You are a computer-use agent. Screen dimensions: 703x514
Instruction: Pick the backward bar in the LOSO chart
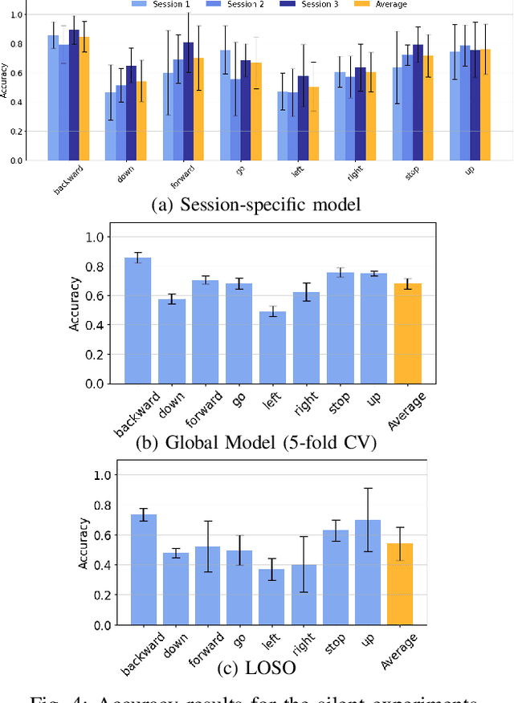pyautogui.click(x=143, y=570)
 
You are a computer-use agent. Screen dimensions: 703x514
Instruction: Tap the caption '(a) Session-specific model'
pyautogui.click(x=257, y=205)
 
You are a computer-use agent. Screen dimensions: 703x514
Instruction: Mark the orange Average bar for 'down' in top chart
pyautogui.click(x=141, y=120)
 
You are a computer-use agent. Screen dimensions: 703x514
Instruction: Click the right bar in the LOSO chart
pyautogui.click(x=304, y=595)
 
